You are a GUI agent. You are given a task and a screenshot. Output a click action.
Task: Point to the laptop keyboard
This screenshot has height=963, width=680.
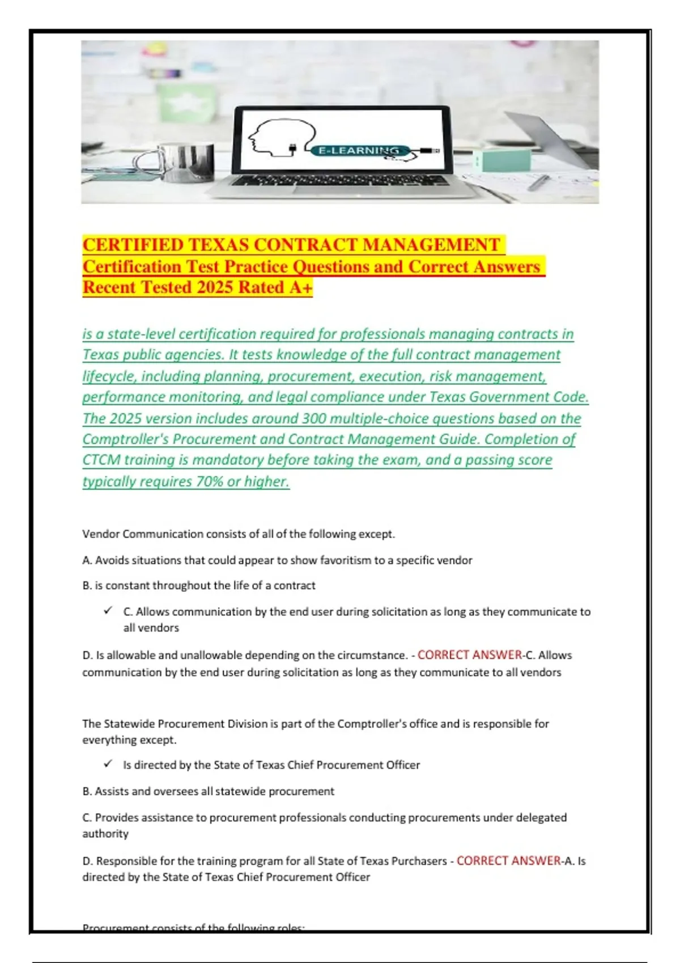click(x=340, y=181)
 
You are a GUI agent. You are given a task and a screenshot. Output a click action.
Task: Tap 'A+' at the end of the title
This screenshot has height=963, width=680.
click(x=300, y=287)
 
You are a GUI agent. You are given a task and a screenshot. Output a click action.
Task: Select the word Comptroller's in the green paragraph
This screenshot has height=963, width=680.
click(x=125, y=440)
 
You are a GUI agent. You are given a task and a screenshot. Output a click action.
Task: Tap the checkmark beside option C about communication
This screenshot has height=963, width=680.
click(x=108, y=610)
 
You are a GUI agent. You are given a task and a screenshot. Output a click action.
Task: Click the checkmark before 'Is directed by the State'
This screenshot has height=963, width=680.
click(x=108, y=764)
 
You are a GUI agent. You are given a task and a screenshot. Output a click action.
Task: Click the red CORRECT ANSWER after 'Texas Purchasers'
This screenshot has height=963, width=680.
click(x=509, y=860)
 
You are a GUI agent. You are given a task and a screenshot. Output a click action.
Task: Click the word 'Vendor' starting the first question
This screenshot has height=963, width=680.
click(x=100, y=534)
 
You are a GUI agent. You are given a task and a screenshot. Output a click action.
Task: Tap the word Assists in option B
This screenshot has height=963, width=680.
click(x=112, y=791)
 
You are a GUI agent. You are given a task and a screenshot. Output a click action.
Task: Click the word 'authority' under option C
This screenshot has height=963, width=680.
click(x=105, y=834)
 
